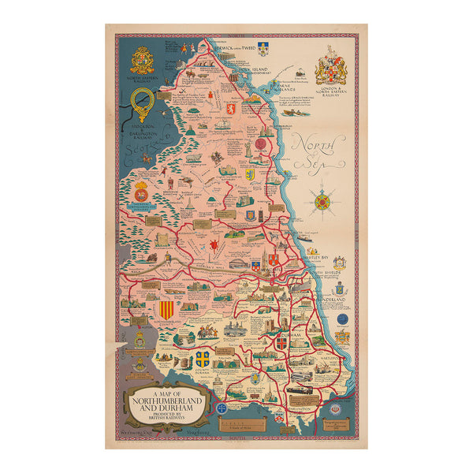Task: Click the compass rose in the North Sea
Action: coord(322,201)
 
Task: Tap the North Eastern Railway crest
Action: coord(142,60)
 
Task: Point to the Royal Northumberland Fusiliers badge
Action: coord(142,192)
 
